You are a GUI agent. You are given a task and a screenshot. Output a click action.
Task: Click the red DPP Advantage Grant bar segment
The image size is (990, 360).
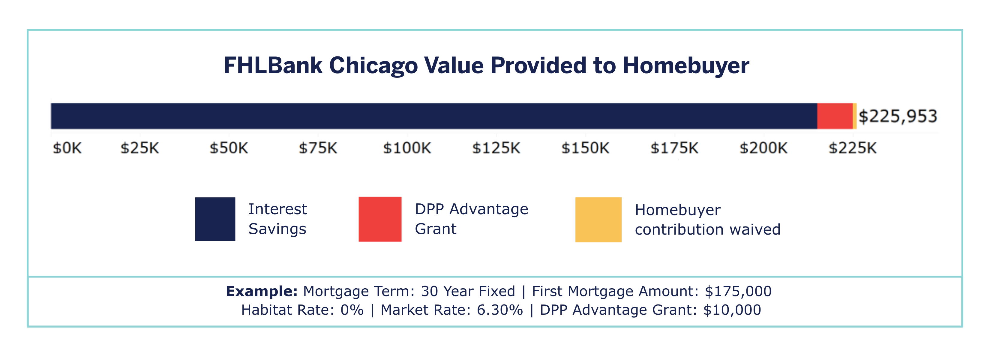(835, 116)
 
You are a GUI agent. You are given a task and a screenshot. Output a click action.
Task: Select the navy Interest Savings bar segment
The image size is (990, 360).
(433, 116)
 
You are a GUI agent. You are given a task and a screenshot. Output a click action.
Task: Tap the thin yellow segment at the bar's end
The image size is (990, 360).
(855, 116)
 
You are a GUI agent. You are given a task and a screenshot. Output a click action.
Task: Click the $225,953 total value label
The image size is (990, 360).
(898, 116)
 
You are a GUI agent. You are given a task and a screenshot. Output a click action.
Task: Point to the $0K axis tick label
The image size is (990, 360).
(67, 148)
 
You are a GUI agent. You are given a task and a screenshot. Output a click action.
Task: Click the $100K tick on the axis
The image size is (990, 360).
(407, 148)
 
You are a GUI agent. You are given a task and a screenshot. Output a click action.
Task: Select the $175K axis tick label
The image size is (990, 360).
(674, 148)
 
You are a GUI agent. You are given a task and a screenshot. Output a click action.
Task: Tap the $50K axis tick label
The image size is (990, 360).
(229, 148)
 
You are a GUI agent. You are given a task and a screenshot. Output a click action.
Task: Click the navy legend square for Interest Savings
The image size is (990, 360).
(215, 219)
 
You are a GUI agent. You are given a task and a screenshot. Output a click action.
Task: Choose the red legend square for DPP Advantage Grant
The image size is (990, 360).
(380, 219)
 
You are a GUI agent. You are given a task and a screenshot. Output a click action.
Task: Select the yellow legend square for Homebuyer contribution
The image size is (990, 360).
(598, 220)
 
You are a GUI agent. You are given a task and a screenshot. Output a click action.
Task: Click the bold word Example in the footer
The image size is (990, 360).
(261, 291)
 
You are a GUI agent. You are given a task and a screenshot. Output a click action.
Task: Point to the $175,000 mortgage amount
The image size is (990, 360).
(738, 291)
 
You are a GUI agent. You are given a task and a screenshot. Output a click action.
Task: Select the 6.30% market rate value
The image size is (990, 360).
(499, 310)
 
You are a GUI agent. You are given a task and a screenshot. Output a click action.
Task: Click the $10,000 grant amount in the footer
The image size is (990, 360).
(732, 310)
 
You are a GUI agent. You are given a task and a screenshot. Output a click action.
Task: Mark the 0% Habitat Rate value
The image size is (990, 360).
(352, 310)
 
